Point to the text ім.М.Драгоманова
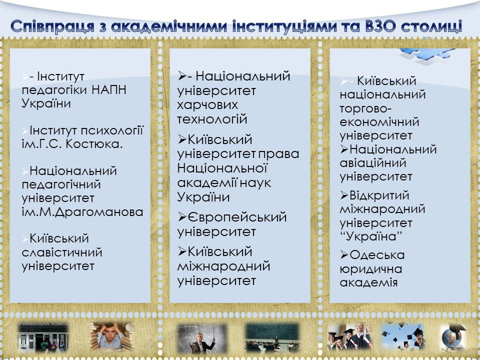point(82,212)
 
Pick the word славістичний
point(62,252)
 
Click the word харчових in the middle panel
point(207,105)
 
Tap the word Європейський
point(237,217)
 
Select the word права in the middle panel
point(278,154)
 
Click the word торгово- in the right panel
point(365,108)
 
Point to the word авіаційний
point(373,163)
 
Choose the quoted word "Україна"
point(370,236)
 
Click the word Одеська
point(377,255)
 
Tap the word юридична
point(371,269)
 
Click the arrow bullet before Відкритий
point(344,195)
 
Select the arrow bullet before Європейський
point(182,217)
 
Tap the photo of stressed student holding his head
point(111,336)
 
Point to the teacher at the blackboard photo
point(202,338)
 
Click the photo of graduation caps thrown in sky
point(402,336)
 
